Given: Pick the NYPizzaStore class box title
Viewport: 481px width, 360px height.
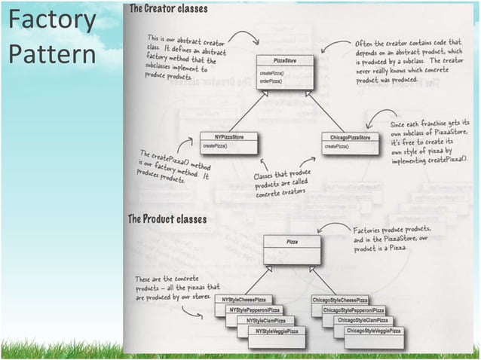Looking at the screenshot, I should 228,137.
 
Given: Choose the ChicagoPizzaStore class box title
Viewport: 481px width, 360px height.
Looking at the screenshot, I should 350,138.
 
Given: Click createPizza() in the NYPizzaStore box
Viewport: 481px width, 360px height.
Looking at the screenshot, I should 216,145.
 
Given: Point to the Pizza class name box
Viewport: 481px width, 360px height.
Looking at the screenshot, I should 291,242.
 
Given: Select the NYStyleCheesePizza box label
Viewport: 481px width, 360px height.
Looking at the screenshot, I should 243,300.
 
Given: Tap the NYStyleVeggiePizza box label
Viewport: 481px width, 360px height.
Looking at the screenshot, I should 277,331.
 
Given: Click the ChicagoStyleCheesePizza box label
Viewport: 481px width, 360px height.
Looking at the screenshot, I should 340,300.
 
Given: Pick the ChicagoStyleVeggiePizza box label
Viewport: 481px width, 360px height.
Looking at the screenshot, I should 373,331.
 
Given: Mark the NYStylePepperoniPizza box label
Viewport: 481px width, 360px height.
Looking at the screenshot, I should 254,310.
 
